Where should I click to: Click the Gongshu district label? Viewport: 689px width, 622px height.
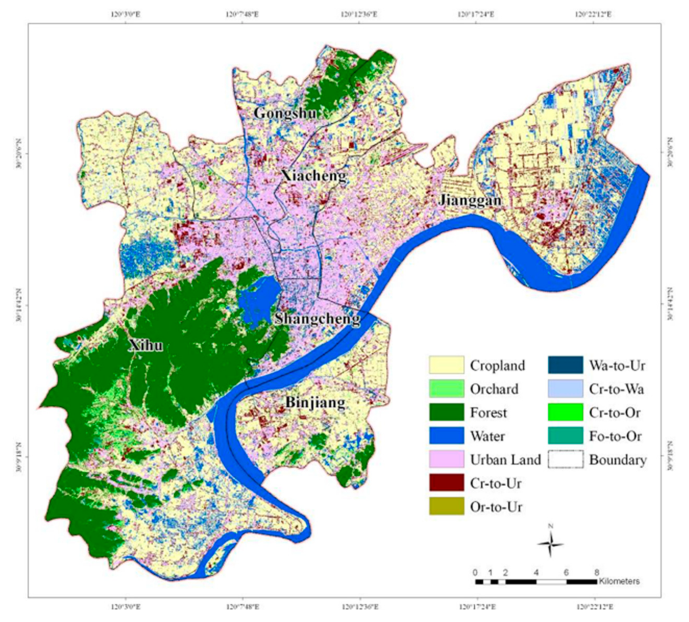(285, 113)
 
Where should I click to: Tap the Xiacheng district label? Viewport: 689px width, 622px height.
(314, 176)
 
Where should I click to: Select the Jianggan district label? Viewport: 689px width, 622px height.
(470, 200)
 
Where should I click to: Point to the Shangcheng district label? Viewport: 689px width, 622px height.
(317, 319)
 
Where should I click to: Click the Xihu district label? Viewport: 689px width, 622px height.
(146, 345)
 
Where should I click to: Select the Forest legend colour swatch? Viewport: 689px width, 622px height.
(446, 412)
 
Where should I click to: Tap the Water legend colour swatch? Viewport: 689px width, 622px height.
(446, 436)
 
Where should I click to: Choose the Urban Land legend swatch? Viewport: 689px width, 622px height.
(446, 459)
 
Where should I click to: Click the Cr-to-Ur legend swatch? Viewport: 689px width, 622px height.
(446, 483)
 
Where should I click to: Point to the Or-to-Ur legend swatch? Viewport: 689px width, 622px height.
(446, 507)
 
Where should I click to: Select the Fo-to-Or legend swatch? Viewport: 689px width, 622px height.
(565, 436)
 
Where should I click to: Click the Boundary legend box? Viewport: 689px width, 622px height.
(565, 459)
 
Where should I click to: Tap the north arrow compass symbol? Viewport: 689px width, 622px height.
(550, 545)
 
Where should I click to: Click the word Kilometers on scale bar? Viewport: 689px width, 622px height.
(619, 582)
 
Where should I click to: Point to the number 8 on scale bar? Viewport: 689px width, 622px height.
(597, 572)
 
